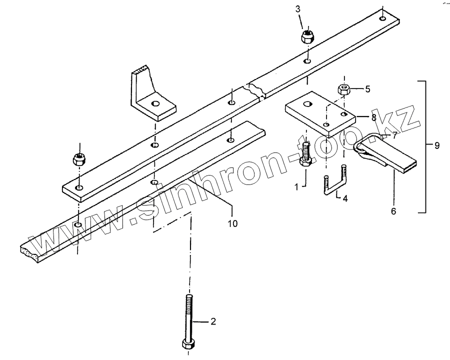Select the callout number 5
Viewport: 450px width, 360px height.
coord(367,89)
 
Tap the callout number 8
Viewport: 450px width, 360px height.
coord(373,117)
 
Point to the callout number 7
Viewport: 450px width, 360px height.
coord(394,135)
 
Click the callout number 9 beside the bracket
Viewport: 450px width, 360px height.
coord(436,146)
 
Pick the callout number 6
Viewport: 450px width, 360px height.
coord(393,211)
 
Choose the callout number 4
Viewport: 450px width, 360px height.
coord(344,198)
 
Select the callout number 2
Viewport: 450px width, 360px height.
coord(212,322)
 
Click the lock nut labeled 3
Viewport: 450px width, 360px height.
coord(307,36)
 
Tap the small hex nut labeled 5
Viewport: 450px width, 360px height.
coord(344,89)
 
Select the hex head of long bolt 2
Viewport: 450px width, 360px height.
coord(188,344)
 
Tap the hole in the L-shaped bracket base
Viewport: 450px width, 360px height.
coord(155,104)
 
